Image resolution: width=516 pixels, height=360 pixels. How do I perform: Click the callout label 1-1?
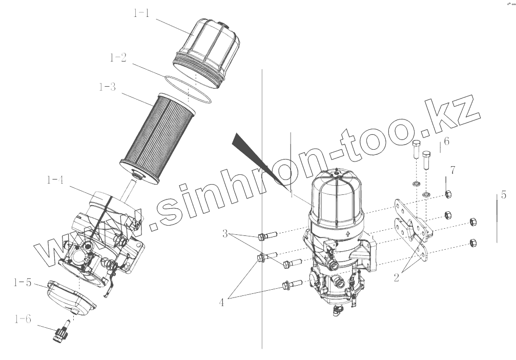click(x=141, y=13)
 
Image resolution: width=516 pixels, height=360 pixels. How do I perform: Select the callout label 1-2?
click(x=118, y=57)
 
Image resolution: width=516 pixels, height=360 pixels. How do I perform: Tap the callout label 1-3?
click(x=107, y=87)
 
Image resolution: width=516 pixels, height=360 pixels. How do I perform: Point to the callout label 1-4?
click(x=55, y=179)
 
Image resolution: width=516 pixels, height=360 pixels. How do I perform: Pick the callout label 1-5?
click(x=23, y=283)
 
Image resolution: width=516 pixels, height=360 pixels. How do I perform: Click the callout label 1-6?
click(x=23, y=319)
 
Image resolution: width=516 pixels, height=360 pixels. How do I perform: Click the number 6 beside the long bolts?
click(x=446, y=141)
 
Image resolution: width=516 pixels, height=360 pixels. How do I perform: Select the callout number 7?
click(x=453, y=170)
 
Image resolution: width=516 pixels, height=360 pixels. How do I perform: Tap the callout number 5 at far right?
click(x=504, y=195)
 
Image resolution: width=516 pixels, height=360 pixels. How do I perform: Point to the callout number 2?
click(x=396, y=277)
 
